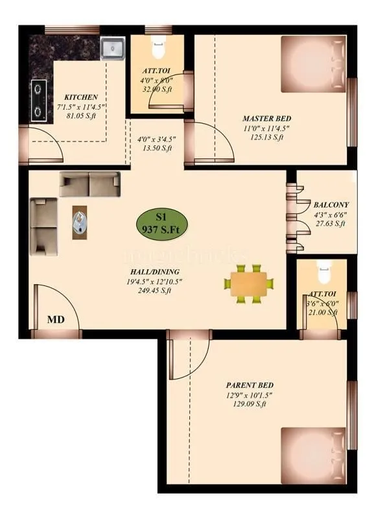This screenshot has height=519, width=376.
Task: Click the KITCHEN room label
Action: [81, 97]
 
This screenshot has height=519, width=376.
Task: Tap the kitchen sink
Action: [113, 49]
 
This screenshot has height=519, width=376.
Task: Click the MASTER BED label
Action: [266, 119]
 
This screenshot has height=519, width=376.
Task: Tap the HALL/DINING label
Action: [154, 272]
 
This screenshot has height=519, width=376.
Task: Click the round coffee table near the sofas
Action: [80, 223]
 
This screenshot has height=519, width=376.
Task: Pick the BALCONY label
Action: [331, 203]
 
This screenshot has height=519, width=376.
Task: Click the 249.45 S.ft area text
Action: [154, 291]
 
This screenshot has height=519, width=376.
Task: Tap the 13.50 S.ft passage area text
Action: [156, 149]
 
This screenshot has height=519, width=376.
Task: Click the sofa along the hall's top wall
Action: [90, 184]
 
